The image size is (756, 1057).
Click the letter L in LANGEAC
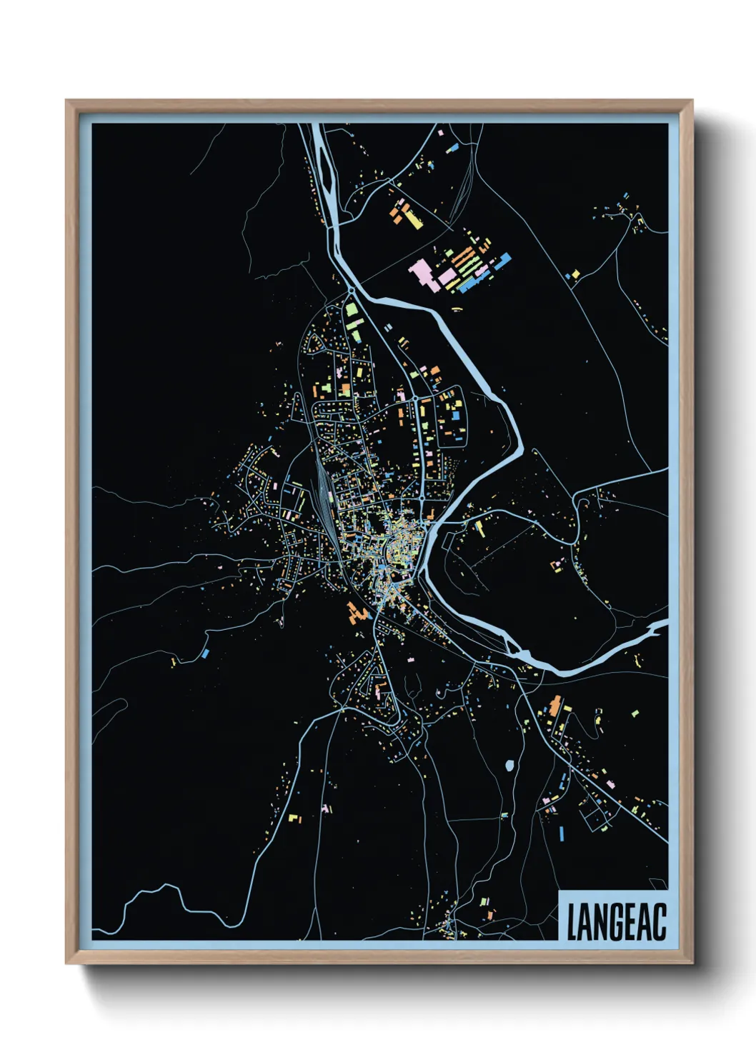tap(573, 923)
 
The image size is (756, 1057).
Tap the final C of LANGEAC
tap(659, 923)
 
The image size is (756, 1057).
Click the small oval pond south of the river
tap(509, 766)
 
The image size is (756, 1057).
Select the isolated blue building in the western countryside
tap(206, 653)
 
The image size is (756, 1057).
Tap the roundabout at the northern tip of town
tap(351, 291)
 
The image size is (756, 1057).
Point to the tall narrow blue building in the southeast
tap(561, 833)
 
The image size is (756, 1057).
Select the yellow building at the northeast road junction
tap(575, 273)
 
